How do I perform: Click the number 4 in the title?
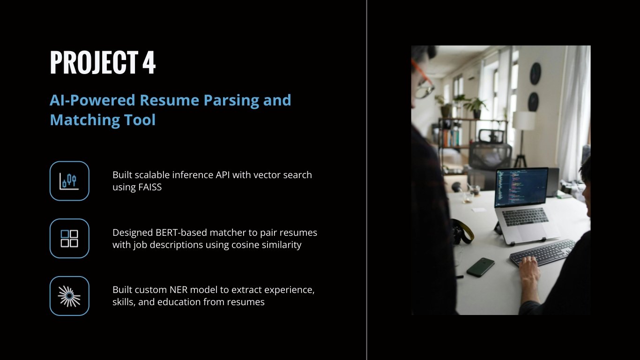point(149,62)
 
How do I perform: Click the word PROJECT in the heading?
point(94,62)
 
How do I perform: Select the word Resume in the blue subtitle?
point(170,100)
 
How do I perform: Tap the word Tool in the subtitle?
point(140,120)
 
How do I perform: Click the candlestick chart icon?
point(69,181)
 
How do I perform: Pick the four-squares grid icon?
point(69,239)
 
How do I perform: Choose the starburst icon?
point(69,296)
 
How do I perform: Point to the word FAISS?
point(150,187)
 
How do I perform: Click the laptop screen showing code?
point(521,187)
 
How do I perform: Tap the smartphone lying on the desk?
point(481,267)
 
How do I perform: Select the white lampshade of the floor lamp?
point(524,120)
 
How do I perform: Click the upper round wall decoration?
point(536,74)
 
